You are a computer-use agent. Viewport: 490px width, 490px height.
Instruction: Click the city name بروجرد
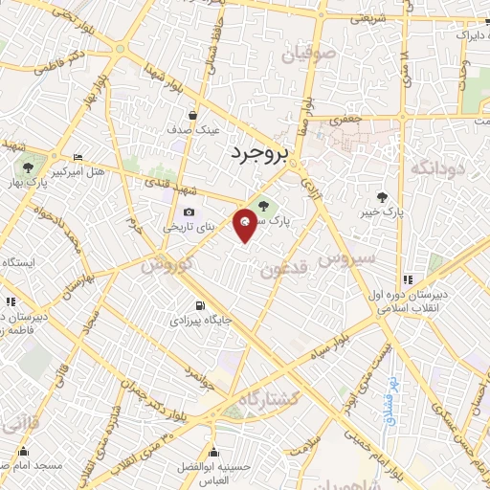click(259, 153)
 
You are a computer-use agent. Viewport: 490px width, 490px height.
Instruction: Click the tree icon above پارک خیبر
click(383, 196)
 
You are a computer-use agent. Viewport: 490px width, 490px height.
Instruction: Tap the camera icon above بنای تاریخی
click(188, 212)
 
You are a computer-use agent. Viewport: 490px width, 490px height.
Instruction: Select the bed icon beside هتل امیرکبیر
click(78, 158)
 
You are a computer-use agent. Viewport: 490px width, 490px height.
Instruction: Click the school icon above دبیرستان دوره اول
click(408, 279)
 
